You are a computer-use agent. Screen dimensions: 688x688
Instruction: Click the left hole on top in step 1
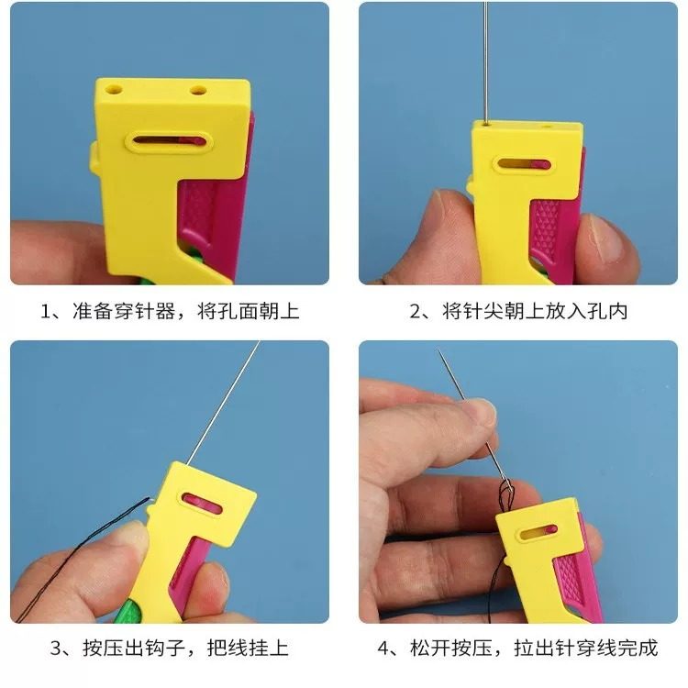[x=114, y=90]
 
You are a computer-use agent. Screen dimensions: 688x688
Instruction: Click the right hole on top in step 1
[x=197, y=92]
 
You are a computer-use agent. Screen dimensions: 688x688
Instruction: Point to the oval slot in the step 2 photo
[x=524, y=165]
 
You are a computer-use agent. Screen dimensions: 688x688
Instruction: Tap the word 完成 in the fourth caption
[x=638, y=649]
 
